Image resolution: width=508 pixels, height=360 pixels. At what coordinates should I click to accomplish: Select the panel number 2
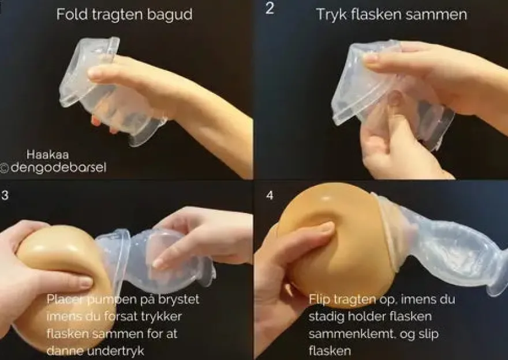pos(270,8)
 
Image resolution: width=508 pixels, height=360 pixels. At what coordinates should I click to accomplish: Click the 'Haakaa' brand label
pos(47,155)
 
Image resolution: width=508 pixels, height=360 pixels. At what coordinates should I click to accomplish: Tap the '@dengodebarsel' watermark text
pos(54,168)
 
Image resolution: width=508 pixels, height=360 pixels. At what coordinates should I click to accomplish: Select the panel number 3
pos(5,195)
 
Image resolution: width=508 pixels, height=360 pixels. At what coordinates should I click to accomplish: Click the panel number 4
pos(270,195)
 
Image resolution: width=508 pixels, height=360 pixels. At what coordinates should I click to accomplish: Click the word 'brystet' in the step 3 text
pos(178,299)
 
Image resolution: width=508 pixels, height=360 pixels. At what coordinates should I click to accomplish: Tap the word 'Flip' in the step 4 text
pos(319,299)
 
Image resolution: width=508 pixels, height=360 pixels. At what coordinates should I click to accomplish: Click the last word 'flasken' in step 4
pos(330,351)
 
